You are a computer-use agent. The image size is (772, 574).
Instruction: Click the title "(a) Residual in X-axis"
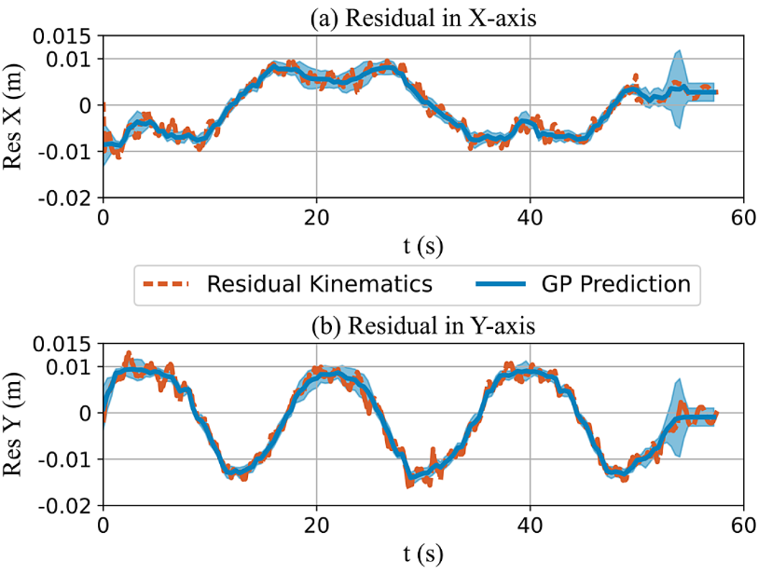(x=422, y=20)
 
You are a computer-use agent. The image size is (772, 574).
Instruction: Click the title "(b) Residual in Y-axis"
(x=422, y=327)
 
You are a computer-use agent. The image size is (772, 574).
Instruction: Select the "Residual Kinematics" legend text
(x=320, y=284)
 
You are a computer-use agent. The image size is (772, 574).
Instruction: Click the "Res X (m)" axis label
(x=15, y=116)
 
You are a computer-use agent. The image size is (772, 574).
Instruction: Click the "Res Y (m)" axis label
(x=15, y=424)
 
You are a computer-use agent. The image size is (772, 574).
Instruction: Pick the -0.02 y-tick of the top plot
(x=65, y=198)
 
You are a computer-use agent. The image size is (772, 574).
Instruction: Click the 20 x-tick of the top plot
(x=317, y=217)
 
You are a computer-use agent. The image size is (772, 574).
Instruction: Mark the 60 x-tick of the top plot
(x=743, y=217)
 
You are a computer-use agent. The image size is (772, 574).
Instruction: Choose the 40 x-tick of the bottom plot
(x=530, y=525)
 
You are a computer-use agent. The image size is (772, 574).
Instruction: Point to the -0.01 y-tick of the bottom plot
(x=65, y=459)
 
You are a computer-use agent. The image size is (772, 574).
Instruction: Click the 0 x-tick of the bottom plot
(x=103, y=525)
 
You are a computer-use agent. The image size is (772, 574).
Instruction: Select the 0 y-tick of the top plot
(x=85, y=105)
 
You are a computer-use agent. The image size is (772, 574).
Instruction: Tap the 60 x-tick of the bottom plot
(x=743, y=525)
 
